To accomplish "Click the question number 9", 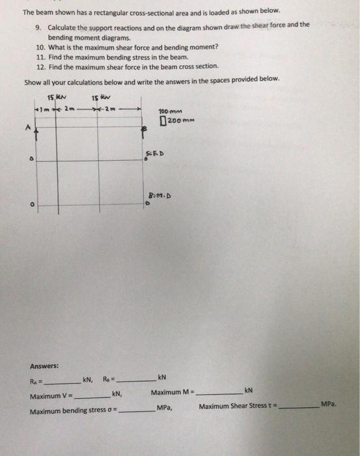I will pos(39,25).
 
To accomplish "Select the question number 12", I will pos(41,66).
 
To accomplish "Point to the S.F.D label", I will pos(156,153).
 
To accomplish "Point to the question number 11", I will pos(41,57).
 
